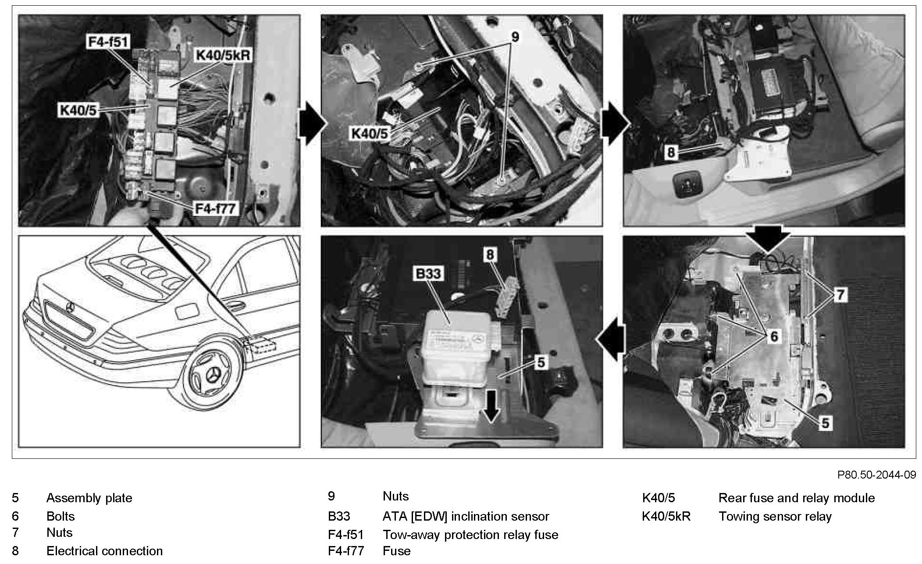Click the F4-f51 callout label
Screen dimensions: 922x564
pos(108,43)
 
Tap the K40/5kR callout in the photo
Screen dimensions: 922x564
pos(223,56)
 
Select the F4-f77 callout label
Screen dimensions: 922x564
pos(215,208)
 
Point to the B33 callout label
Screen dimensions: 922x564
pos(428,274)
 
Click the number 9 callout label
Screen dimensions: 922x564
pos(515,37)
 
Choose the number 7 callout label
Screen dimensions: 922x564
pos(840,294)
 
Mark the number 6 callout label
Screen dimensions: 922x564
pos(774,336)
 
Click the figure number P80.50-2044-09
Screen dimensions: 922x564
pos(876,475)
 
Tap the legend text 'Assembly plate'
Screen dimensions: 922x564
pos(89,498)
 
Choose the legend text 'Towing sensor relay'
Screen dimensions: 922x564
pos(775,517)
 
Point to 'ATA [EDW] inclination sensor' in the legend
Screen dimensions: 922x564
pos(466,517)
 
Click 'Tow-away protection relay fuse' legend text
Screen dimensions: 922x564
pos(470,535)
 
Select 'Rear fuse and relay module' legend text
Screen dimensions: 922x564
pos(797,498)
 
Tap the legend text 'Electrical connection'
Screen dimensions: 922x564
pos(104,551)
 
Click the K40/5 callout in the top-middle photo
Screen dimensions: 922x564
pos(370,134)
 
